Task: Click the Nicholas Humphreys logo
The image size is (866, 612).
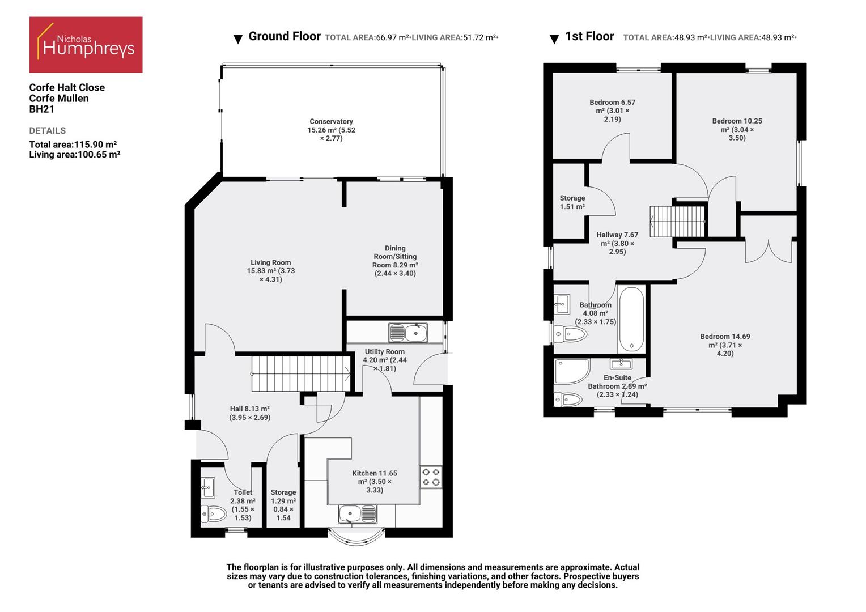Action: (86, 45)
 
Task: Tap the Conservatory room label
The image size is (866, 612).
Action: (331, 130)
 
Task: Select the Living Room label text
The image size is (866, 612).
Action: (270, 271)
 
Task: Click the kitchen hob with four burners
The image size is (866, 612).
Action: (431, 477)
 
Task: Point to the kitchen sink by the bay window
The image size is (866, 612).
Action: (357, 515)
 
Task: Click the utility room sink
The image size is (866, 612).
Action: (407, 333)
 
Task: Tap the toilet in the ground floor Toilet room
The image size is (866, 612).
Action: (214, 514)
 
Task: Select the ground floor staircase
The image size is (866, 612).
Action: (300, 373)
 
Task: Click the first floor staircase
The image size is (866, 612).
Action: (677, 222)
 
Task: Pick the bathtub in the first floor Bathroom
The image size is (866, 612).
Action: (631, 319)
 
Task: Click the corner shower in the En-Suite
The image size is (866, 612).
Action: (571, 371)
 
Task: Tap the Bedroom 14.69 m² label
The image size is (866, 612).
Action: (725, 345)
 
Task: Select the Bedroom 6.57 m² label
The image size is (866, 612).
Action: (612, 110)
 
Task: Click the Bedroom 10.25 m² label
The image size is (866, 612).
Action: (737, 129)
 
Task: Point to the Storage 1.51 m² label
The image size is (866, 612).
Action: (572, 202)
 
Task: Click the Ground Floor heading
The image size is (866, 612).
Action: (285, 37)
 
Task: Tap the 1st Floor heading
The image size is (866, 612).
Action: (589, 37)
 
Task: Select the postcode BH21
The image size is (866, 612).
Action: (41, 109)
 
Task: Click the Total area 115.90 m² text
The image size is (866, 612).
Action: (73, 144)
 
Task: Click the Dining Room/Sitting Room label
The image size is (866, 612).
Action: (395, 261)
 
